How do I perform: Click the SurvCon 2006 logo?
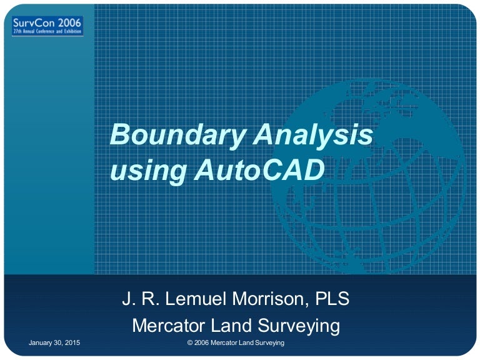point(47,25)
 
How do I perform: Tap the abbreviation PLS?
point(331,299)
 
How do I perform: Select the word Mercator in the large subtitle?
point(172,326)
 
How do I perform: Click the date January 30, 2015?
point(54,344)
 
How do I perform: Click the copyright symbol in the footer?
point(190,344)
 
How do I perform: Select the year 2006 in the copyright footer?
point(202,344)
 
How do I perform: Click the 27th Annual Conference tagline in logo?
point(47,32)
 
